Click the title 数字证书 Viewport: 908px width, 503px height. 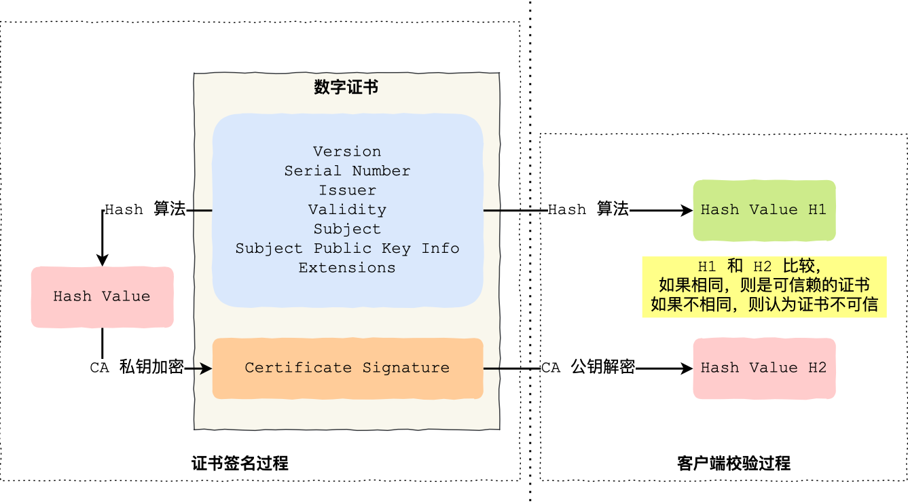click(346, 88)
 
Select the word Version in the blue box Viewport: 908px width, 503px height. click(347, 152)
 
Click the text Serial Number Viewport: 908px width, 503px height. click(347, 171)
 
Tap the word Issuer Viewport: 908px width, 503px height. click(347, 190)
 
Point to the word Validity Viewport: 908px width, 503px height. click(347, 209)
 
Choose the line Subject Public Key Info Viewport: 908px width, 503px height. click(347, 248)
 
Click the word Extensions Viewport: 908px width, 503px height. click(347, 268)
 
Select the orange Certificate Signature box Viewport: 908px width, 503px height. click(347, 368)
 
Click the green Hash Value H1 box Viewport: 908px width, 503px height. click(763, 210)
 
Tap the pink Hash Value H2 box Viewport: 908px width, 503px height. click(763, 368)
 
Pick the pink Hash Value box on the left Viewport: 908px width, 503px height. click(102, 296)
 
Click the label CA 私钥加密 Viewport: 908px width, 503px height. click(137, 368)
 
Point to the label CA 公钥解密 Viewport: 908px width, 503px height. click(588, 368)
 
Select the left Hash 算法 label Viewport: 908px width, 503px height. click(145, 209)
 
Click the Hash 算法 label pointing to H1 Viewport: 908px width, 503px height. click(588, 209)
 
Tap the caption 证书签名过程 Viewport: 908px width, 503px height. click(240, 464)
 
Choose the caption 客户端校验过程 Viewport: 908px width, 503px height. click(733, 464)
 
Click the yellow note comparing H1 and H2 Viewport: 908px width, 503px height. click(764, 286)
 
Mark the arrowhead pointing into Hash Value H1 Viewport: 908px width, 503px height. click(687, 211)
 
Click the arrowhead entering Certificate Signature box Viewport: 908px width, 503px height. click(206, 368)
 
